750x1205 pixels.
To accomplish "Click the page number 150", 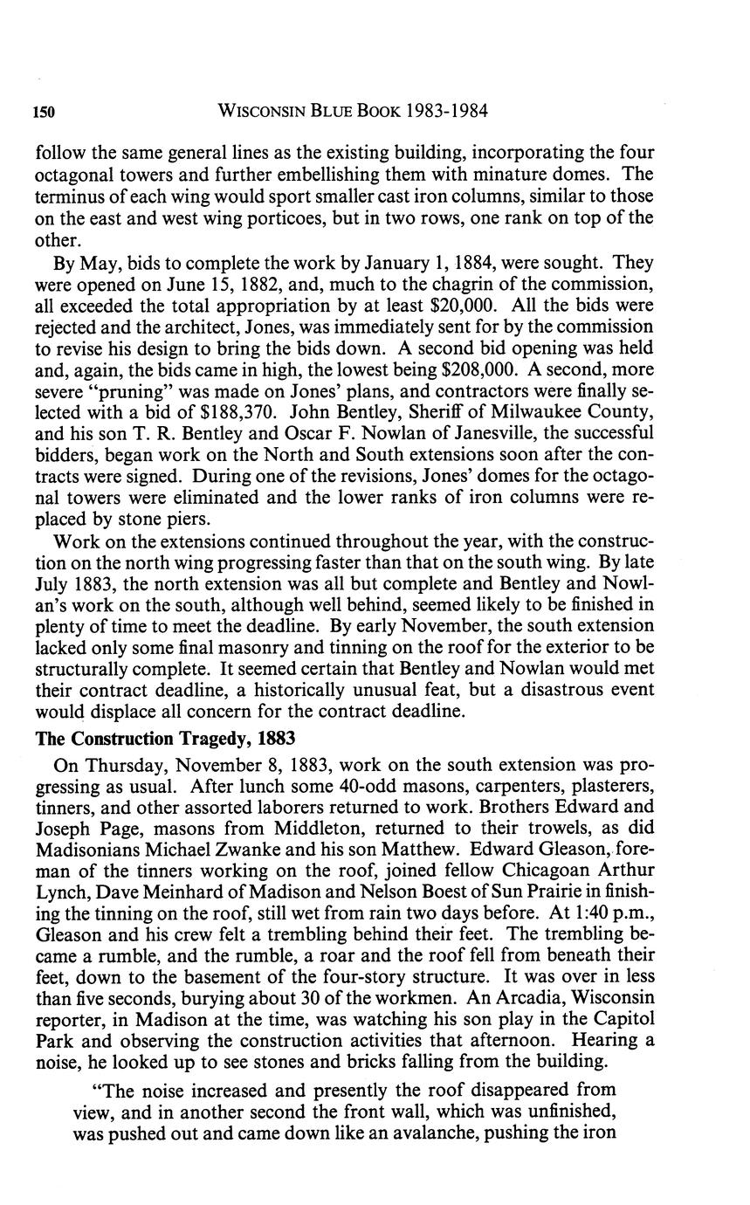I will click(x=45, y=112).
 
